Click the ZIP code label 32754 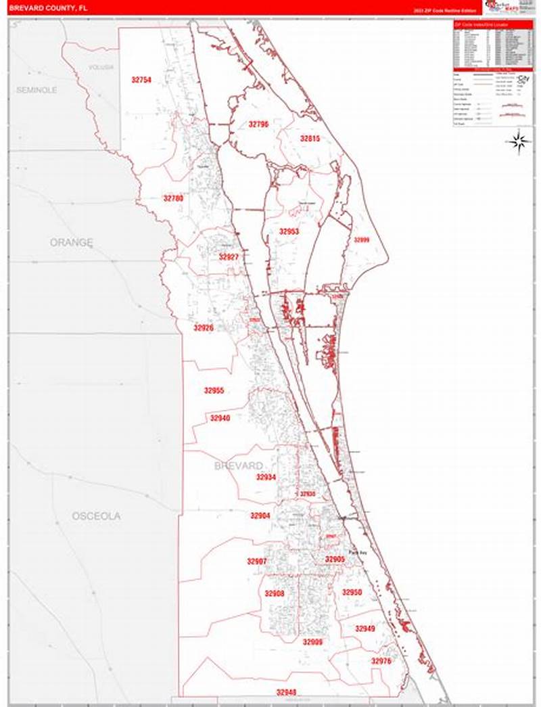click(141, 80)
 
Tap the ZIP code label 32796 click(258, 124)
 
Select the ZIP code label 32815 click(310, 138)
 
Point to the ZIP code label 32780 click(173, 198)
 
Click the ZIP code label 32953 click(289, 231)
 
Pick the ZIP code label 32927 click(229, 257)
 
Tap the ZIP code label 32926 click(204, 327)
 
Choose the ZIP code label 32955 click(214, 390)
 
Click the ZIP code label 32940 click(220, 418)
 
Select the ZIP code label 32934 click(266, 477)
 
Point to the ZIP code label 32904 click(260, 516)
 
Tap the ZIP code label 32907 click(256, 562)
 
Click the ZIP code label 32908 click(274, 593)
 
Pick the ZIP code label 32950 click(352, 592)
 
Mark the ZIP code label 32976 click(381, 660)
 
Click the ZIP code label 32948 click(286, 692)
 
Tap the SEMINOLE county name click(37, 90)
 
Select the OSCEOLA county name click(96, 516)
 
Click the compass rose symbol click(519, 141)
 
